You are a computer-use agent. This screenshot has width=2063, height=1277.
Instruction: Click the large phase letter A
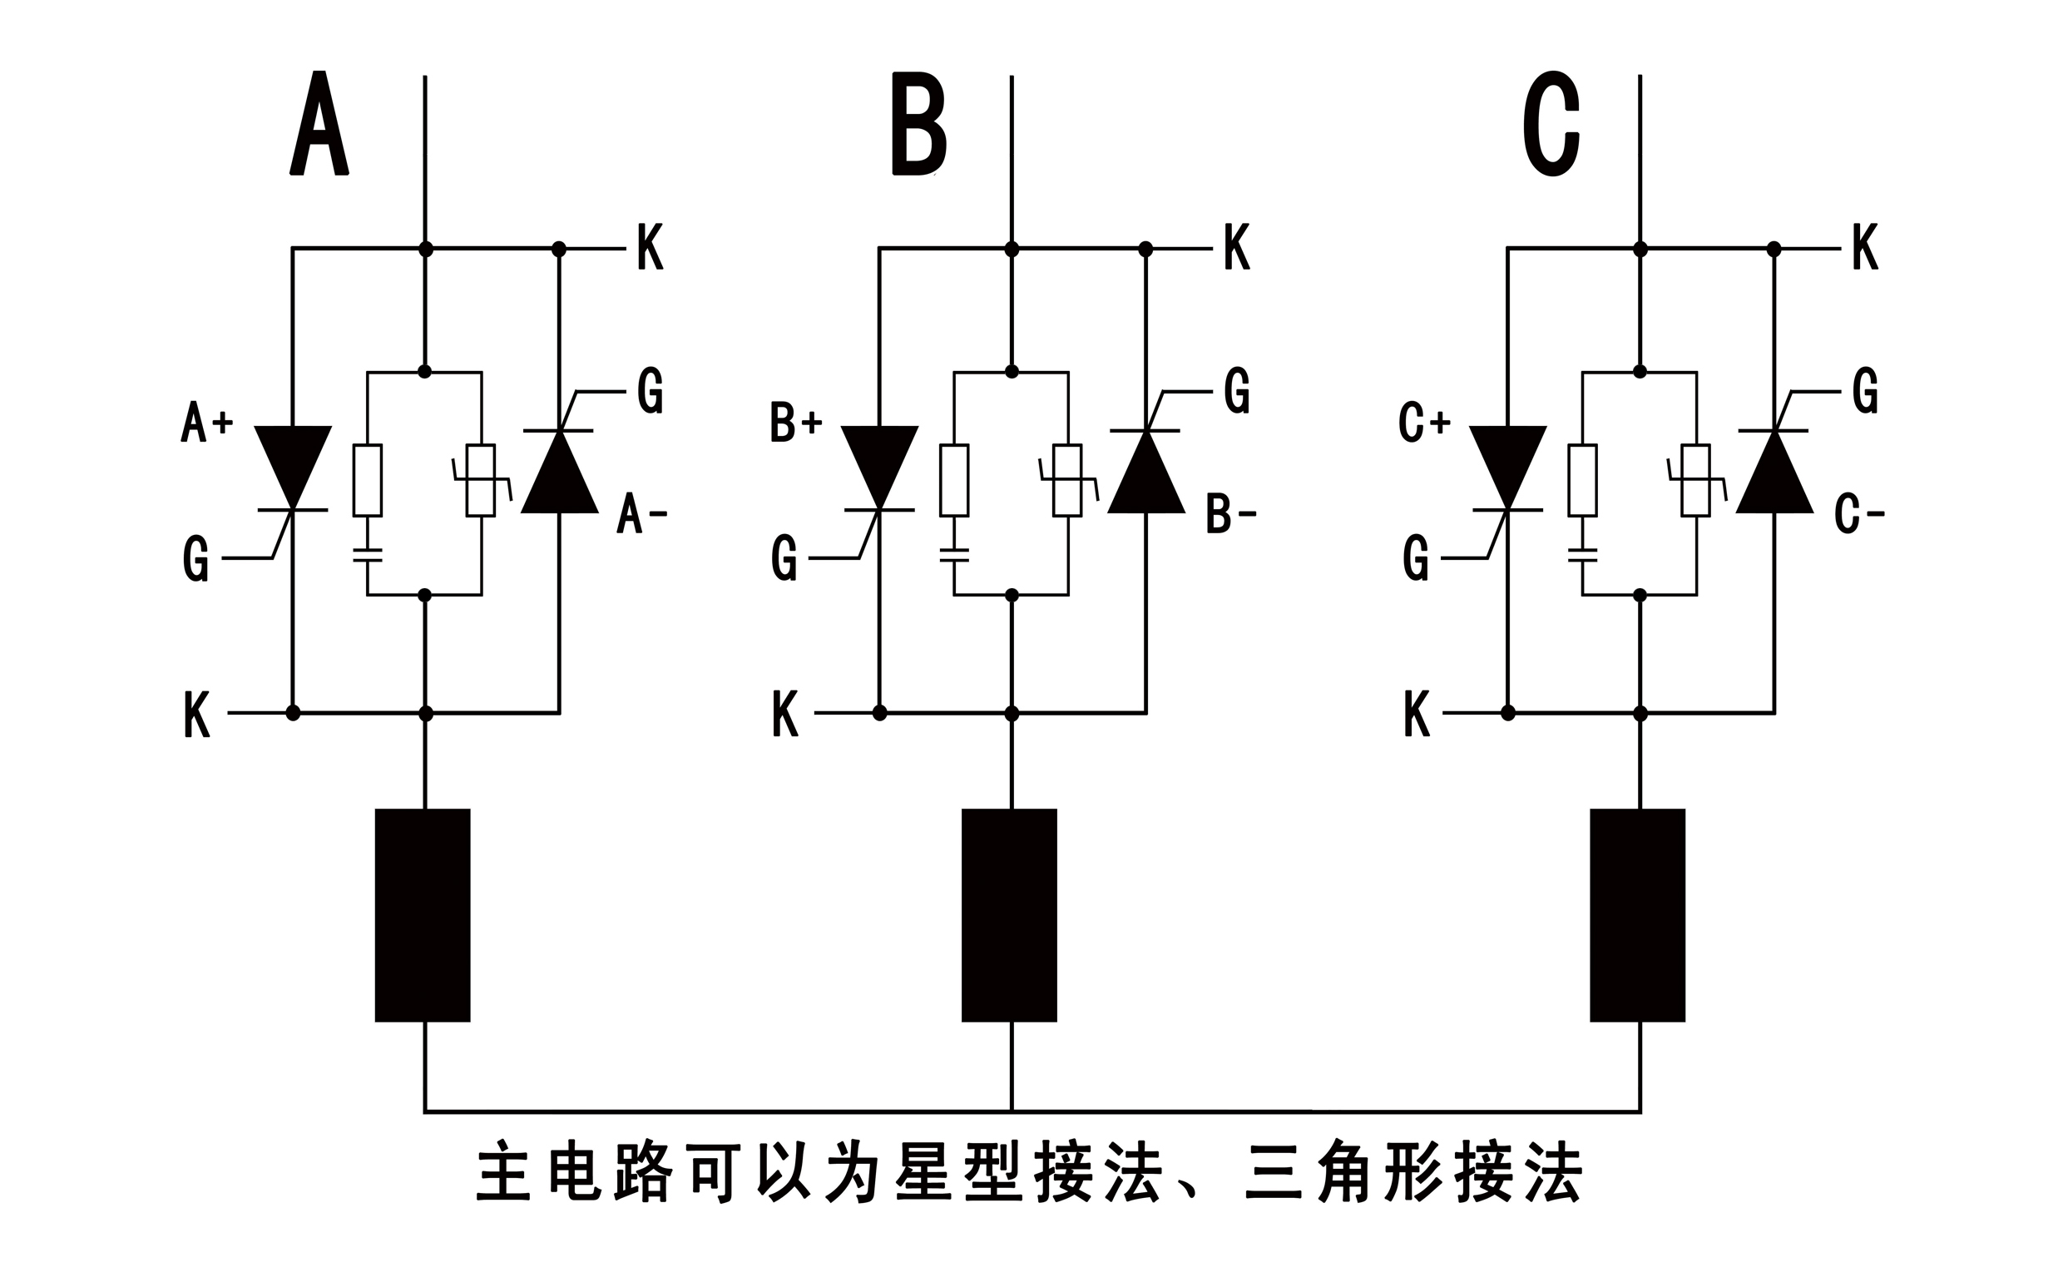click(319, 123)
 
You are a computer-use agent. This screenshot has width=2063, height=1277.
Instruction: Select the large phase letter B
click(918, 124)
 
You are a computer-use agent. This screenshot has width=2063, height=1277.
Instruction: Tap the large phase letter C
click(1551, 124)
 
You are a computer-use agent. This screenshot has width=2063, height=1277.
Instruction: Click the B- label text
click(1230, 514)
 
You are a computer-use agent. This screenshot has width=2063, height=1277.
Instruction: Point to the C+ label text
click(1424, 423)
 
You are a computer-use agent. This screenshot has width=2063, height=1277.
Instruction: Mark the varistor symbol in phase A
click(481, 480)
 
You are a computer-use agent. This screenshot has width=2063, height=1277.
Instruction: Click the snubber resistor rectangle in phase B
click(954, 480)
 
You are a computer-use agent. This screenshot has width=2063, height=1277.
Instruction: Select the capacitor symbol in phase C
click(1582, 555)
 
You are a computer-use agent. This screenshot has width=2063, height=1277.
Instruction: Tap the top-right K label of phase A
click(651, 247)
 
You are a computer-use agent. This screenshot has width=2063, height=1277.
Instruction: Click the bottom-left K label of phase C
click(1417, 715)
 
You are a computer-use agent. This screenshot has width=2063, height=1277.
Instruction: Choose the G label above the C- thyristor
click(1865, 391)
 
